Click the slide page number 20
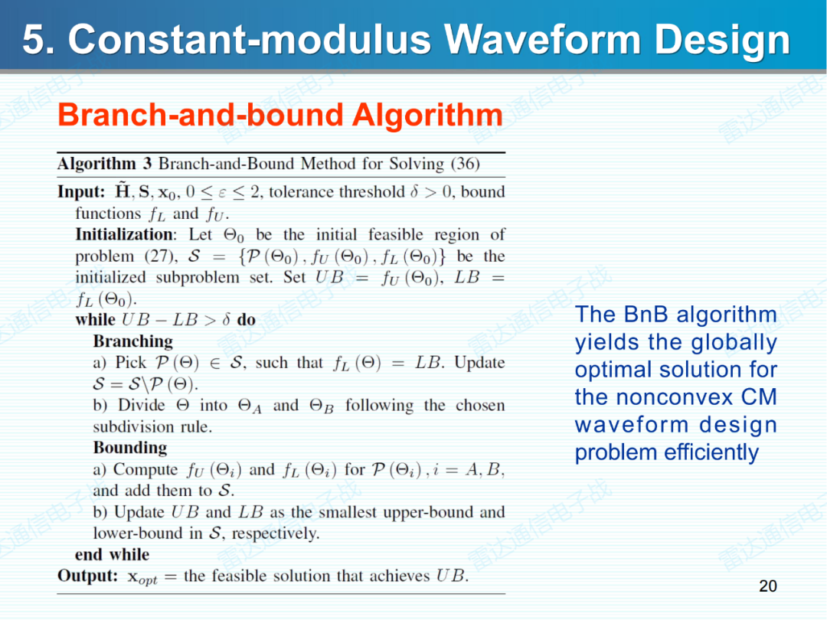coord(767,586)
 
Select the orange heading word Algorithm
coord(427,116)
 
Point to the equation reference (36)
coord(465,164)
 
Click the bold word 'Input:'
coord(81,191)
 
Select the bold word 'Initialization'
coord(124,234)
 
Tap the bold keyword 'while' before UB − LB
coord(95,320)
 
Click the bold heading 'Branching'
coord(132,341)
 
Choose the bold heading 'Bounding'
coord(129,448)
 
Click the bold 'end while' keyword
coord(112,554)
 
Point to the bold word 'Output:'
coord(87,576)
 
